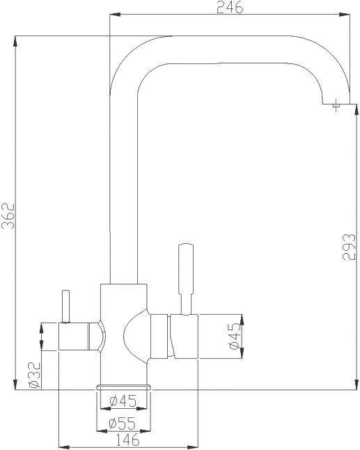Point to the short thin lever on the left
pos(65,307)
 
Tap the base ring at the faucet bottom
pos(124,386)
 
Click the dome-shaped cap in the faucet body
pos(135,336)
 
